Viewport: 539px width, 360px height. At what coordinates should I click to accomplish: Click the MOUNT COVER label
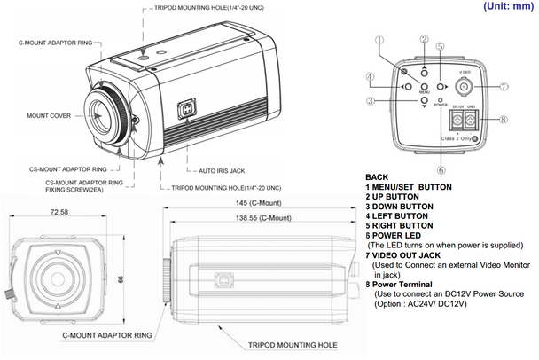[x=51, y=115]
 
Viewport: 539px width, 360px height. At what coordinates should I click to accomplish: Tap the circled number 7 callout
[x=503, y=87]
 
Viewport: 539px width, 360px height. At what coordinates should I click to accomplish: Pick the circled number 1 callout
[x=379, y=41]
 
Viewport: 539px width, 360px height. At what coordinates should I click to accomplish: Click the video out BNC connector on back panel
[x=465, y=87]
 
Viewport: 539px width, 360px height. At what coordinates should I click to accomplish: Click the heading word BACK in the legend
[x=378, y=177]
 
